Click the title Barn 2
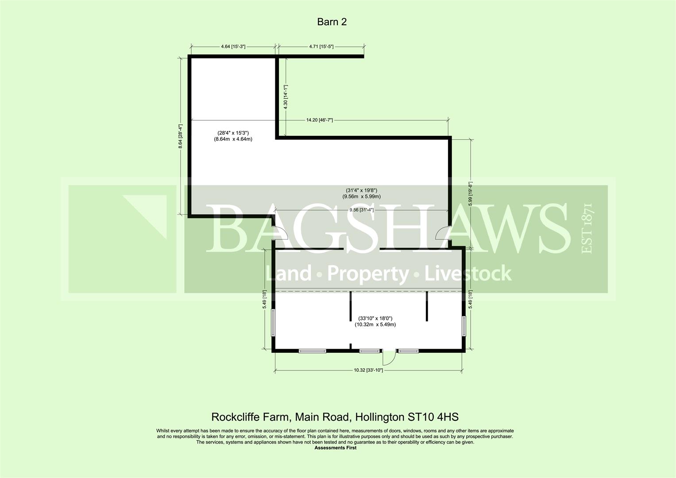332,22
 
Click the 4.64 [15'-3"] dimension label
232,46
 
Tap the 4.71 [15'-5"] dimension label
321,46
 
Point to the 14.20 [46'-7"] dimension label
319,120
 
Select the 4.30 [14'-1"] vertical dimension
286,97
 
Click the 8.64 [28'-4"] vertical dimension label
181,136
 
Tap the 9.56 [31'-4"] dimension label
361,210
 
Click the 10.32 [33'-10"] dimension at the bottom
368,370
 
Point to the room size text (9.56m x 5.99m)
361,197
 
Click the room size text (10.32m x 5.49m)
375,324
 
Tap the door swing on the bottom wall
389,356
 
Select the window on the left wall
273,323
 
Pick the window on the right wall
464,328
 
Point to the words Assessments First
335,448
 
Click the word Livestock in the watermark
468,274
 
